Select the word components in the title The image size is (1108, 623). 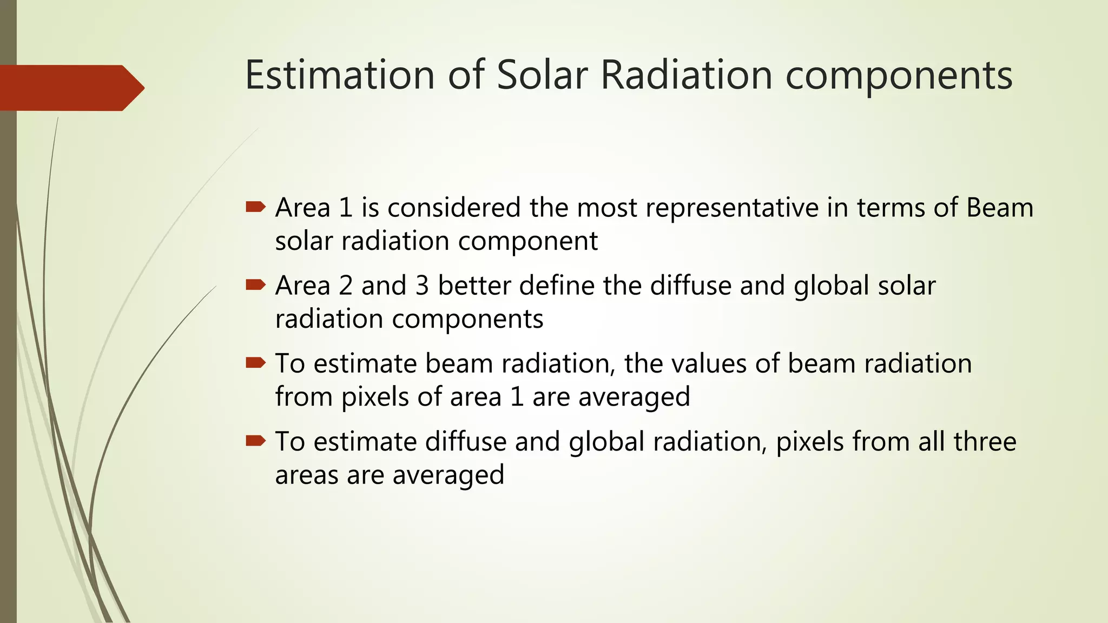tap(899, 76)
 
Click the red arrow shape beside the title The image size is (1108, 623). tap(70, 88)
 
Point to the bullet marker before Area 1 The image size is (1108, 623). tap(255, 207)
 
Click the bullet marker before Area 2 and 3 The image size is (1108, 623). tap(255, 284)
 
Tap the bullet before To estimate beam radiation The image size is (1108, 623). tap(255, 362)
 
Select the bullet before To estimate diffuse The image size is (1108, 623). tap(255, 441)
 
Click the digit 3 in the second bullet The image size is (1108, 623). tap(422, 286)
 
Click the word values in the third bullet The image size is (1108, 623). tap(709, 363)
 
